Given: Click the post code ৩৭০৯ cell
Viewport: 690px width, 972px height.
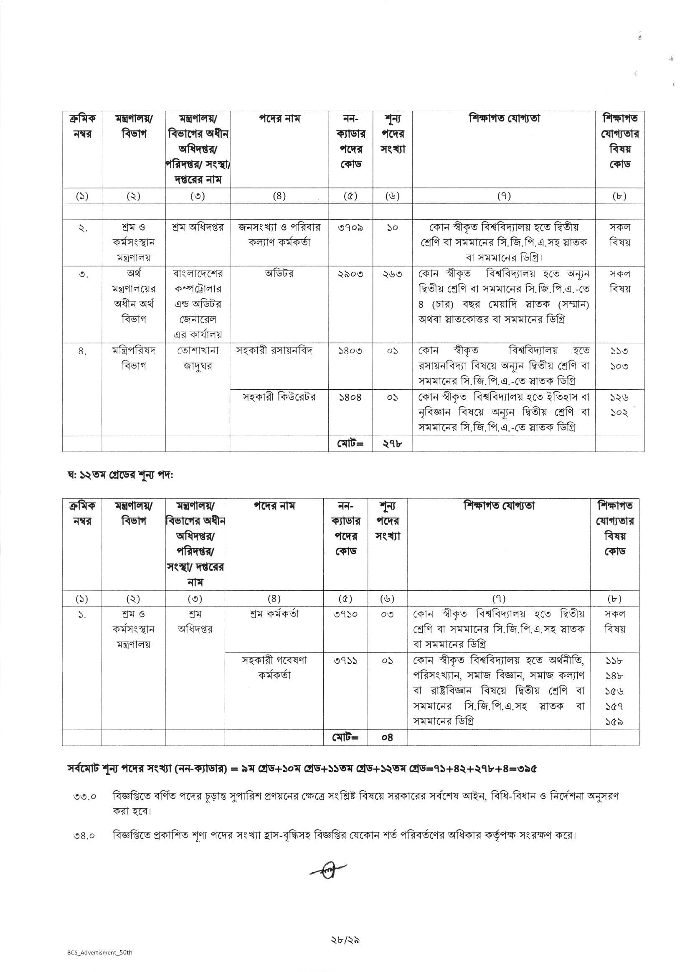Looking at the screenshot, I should click(350, 228).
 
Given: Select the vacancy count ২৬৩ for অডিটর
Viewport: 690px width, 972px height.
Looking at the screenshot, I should click(392, 274).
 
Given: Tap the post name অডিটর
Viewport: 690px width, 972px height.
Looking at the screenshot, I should click(279, 274).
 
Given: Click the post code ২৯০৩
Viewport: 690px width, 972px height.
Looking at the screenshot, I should click(350, 274).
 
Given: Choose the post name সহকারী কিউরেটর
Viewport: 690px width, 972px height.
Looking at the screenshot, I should click(279, 397).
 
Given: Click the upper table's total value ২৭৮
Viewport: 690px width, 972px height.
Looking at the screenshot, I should click(392, 444).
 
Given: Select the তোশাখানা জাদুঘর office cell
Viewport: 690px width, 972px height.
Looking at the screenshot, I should click(198, 358).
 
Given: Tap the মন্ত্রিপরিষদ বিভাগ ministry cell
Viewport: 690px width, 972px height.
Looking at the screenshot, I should click(133, 358).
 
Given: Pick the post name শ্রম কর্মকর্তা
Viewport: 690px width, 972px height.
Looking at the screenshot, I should click(274, 614).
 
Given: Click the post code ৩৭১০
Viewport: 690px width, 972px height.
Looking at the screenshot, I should click(345, 614).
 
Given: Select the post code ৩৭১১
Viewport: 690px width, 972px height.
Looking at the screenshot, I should click(345, 661).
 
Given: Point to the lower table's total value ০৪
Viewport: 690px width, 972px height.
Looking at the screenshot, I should click(387, 738).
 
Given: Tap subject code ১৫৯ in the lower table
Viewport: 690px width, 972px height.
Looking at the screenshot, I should click(614, 721).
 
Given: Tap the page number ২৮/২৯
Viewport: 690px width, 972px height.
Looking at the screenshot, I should click(345, 941).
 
